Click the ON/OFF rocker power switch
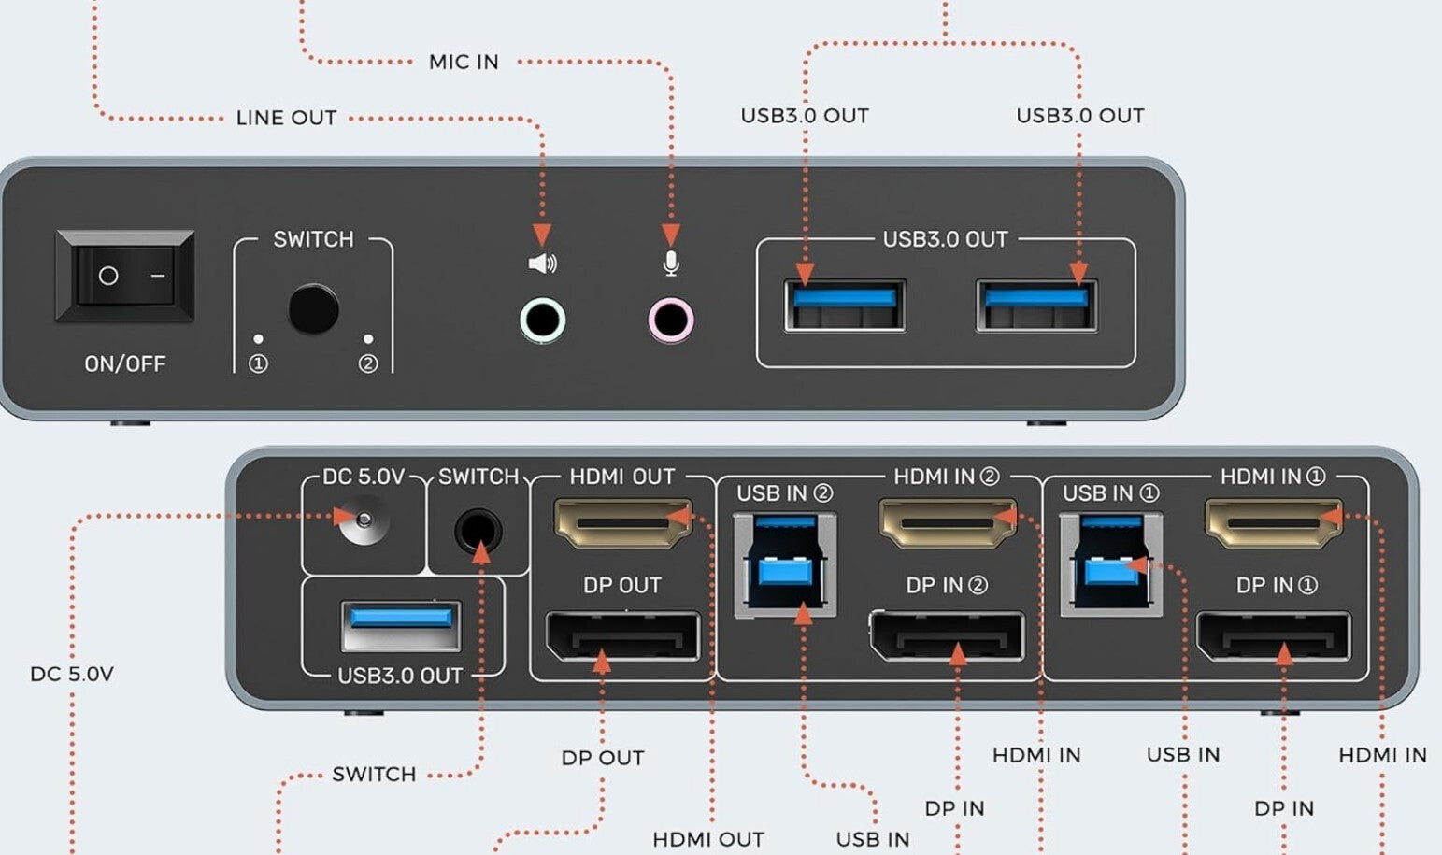tap(125, 277)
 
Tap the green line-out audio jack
tap(542, 321)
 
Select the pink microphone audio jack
tap(670, 321)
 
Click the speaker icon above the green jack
tap(542, 264)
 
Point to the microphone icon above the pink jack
tap(670, 264)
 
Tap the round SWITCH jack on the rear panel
tap(478, 532)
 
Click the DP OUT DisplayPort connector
tap(622, 636)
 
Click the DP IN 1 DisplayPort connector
tap(1273, 636)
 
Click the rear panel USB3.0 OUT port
tap(401, 625)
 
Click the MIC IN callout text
tap(464, 63)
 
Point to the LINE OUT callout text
tap(286, 119)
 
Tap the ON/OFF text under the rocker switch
tap(125, 363)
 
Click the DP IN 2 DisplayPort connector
tap(947, 636)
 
